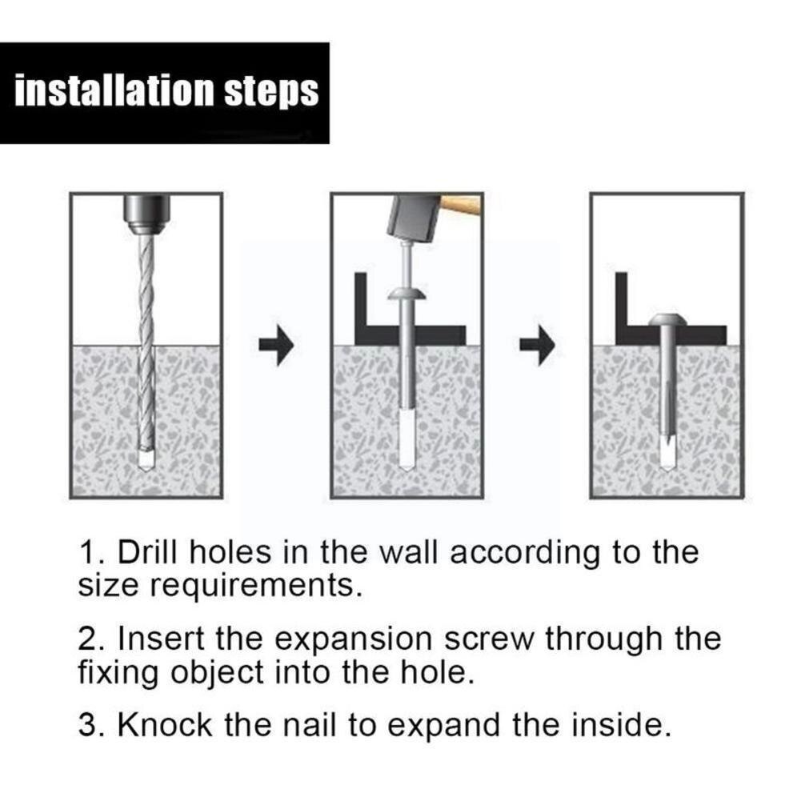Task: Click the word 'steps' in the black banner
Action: click(x=272, y=92)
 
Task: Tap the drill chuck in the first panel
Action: click(x=146, y=214)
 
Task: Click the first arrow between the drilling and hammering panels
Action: click(x=276, y=345)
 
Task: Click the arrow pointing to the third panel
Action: click(x=537, y=345)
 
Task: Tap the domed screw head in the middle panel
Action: click(x=407, y=294)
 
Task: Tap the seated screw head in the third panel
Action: click(x=667, y=320)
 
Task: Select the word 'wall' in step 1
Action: click(x=409, y=552)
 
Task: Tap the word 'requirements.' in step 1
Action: click(x=255, y=587)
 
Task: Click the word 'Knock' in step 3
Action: click(x=165, y=725)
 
